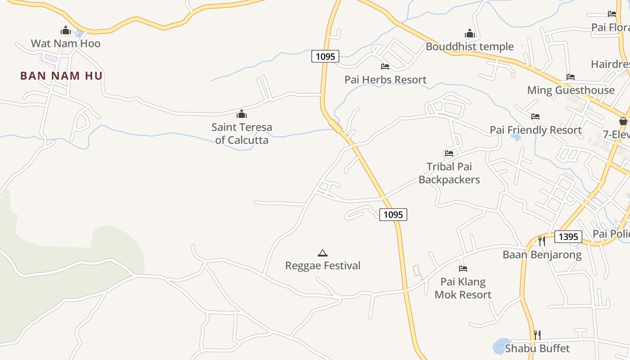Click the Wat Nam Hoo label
pyautogui.click(x=66, y=44)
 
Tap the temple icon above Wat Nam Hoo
pyautogui.click(x=66, y=31)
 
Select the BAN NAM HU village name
pyautogui.click(x=61, y=76)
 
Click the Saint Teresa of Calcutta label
pyautogui.click(x=242, y=134)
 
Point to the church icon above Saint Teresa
pyautogui.click(x=242, y=114)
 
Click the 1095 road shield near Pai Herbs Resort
pyautogui.click(x=325, y=56)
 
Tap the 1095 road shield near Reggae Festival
pyautogui.click(x=393, y=215)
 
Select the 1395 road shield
pyautogui.click(x=568, y=237)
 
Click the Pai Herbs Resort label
pyautogui.click(x=385, y=80)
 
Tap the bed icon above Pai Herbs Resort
pyautogui.click(x=385, y=67)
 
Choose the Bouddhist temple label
pyautogui.click(x=469, y=46)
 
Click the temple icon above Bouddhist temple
pyautogui.click(x=470, y=34)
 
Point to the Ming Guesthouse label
pyautogui.click(x=571, y=90)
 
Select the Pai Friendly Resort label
pyautogui.click(x=535, y=130)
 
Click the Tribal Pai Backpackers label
pyautogui.click(x=449, y=173)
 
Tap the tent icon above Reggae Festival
pyautogui.click(x=322, y=253)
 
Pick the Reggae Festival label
pyautogui.click(x=323, y=265)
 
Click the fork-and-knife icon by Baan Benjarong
pyautogui.click(x=542, y=241)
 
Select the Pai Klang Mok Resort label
pyautogui.click(x=463, y=288)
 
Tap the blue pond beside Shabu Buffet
pyautogui.click(x=500, y=346)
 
